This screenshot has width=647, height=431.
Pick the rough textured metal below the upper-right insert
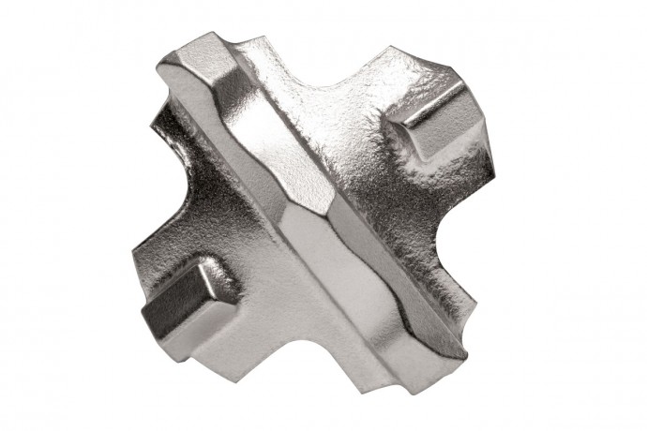click(x=431, y=187)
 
